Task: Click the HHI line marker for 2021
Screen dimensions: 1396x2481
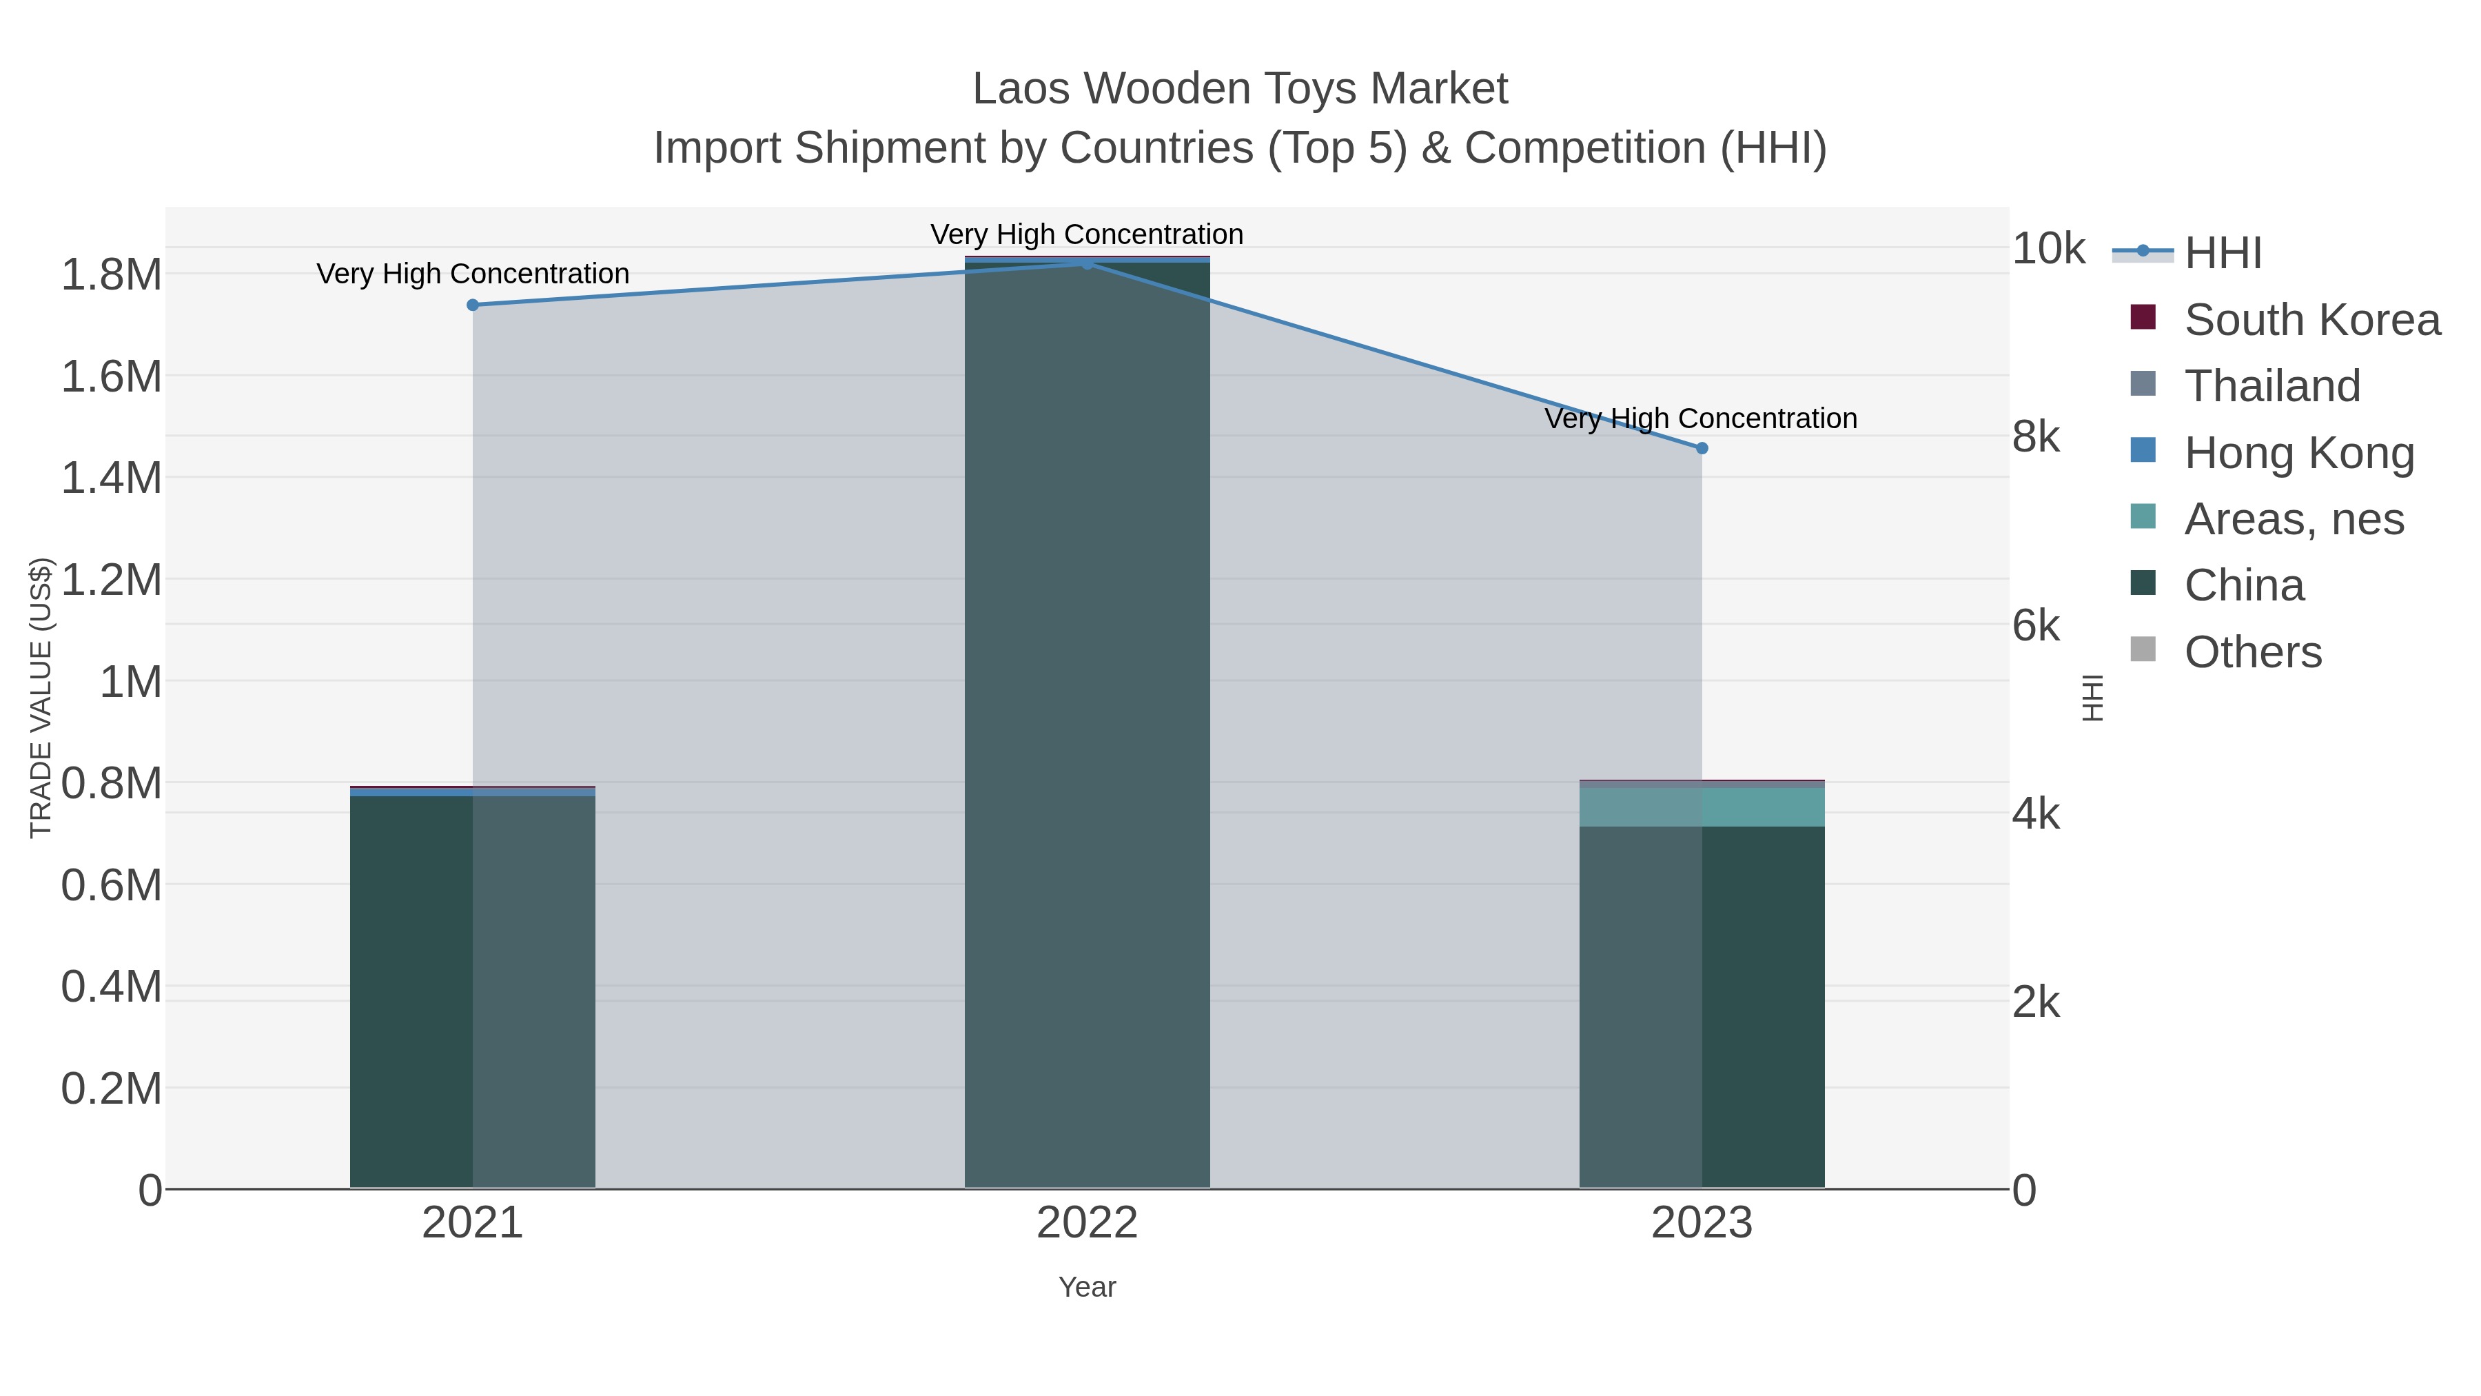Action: click(472, 305)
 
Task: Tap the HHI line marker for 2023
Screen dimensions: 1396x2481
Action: click(1702, 448)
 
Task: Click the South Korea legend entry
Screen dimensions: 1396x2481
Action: click(2311, 320)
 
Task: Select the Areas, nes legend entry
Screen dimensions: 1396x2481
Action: click(2293, 519)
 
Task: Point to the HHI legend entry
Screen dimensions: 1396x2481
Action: click(2223, 254)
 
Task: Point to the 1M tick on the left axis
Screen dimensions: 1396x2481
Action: click(131, 682)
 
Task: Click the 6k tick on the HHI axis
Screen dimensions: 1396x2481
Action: click(2036, 626)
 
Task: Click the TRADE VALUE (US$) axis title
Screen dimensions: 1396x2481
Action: click(41, 698)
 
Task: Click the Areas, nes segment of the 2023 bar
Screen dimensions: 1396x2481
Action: click(1702, 807)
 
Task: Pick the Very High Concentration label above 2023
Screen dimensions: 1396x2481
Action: click(1701, 419)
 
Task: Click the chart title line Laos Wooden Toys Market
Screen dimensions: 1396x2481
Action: click(1240, 89)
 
